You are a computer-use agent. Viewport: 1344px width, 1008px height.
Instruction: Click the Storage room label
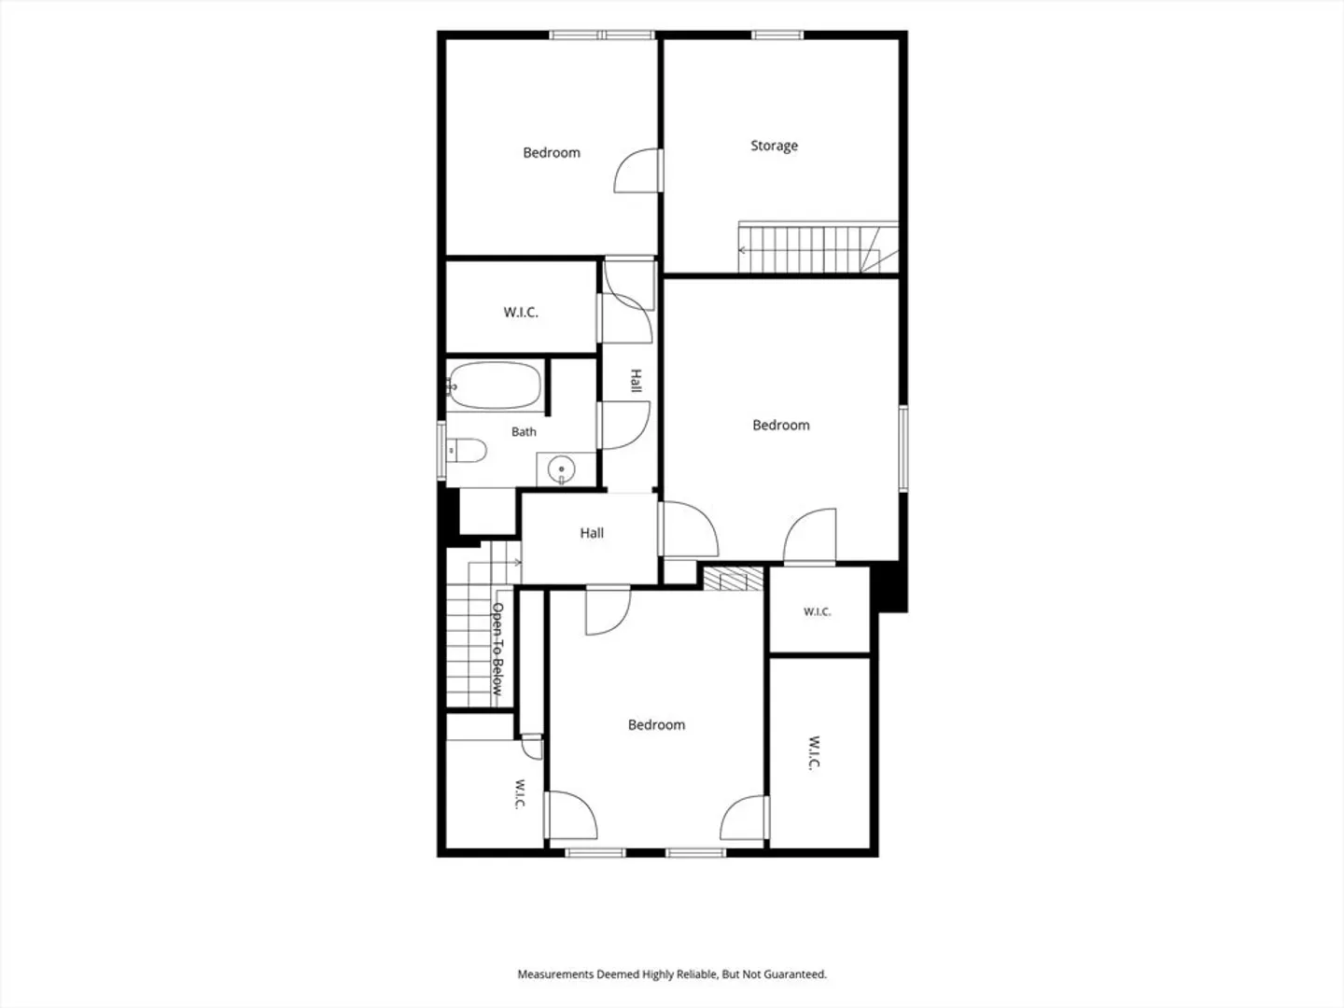click(x=774, y=146)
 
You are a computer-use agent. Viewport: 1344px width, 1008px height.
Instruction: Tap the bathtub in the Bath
click(x=494, y=385)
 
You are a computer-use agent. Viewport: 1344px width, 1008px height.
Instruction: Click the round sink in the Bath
click(x=562, y=469)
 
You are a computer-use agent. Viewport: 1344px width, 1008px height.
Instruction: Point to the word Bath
click(x=524, y=431)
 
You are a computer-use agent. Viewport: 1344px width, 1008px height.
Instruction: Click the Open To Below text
click(x=497, y=649)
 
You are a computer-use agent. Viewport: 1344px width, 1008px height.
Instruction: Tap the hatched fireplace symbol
click(x=733, y=579)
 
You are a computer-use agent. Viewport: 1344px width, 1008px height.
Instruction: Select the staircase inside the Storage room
click(x=818, y=247)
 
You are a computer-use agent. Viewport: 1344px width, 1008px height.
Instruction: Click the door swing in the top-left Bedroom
click(x=636, y=171)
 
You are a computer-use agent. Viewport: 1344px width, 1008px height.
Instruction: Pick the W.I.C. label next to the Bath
click(x=521, y=312)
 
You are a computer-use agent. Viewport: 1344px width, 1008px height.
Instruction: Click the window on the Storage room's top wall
click(x=777, y=35)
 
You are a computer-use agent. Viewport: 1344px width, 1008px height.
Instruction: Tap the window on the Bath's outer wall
click(x=441, y=449)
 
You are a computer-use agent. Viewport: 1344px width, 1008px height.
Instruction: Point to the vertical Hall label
click(x=637, y=381)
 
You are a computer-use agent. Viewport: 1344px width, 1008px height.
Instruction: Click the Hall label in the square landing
click(x=592, y=533)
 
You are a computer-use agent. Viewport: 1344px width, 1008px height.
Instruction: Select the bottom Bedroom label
click(x=656, y=724)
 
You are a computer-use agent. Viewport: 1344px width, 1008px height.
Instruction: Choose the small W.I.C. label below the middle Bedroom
click(x=817, y=611)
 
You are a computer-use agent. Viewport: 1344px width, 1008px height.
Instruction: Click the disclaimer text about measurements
click(x=672, y=973)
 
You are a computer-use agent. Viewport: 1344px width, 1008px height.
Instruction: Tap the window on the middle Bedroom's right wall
click(x=903, y=448)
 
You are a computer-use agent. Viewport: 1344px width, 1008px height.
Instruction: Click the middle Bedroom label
click(x=780, y=425)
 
